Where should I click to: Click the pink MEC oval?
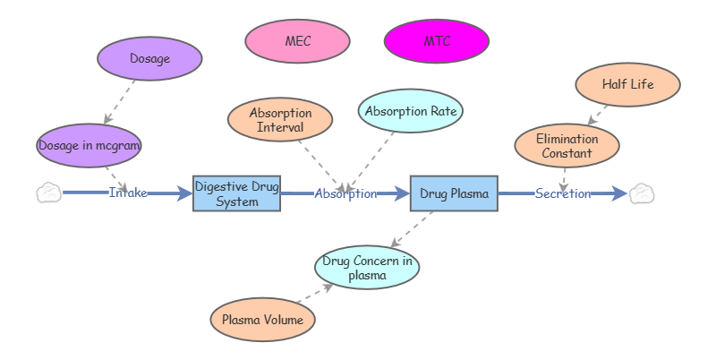(x=298, y=41)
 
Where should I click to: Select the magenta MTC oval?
(x=437, y=41)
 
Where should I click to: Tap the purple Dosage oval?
(x=149, y=59)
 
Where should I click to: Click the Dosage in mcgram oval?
(x=89, y=144)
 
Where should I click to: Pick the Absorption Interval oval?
(x=280, y=120)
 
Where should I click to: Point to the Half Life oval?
(x=627, y=85)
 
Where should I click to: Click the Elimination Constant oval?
(x=567, y=146)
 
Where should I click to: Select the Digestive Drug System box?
(x=237, y=193)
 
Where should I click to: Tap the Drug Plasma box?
(x=454, y=193)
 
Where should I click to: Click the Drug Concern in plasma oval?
(x=367, y=267)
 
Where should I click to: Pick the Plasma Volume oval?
(x=262, y=319)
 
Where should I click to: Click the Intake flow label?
(x=128, y=193)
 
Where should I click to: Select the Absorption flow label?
(x=345, y=193)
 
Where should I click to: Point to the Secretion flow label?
(x=563, y=193)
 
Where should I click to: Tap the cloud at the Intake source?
(x=49, y=193)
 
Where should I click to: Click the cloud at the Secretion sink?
(x=641, y=193)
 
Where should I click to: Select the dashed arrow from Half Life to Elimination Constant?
(x=598, y=115)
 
